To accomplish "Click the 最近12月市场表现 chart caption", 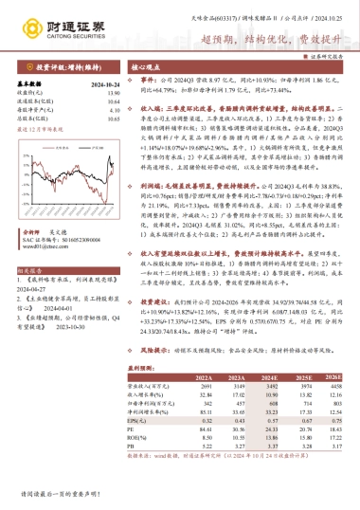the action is [43, 129].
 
